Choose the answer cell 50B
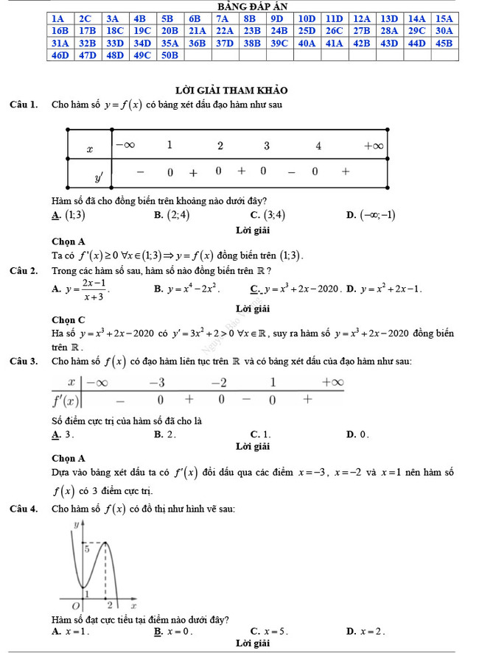coord(169,55)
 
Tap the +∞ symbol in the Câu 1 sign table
coord(373,146)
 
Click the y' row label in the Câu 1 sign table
coord(97,177)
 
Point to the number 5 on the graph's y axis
coord(85,548)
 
